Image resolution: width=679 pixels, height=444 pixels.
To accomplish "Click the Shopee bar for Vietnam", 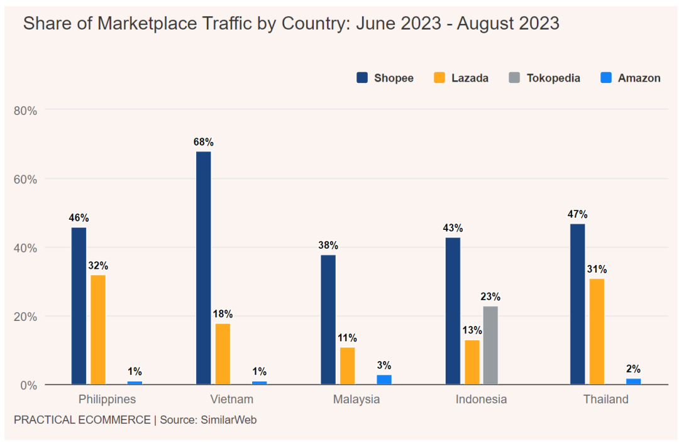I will (x=204, y=268).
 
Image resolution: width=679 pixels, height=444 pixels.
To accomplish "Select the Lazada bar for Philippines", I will (x=98, y=329).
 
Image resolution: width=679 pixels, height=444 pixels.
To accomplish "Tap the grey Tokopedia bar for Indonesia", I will (x=490, y=345).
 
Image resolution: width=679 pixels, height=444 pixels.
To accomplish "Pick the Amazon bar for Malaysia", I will (x=384, y=379).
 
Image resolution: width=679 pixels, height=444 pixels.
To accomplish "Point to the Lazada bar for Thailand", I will (x=597, y=331).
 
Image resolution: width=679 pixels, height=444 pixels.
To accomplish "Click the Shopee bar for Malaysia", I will (x=328, y=319).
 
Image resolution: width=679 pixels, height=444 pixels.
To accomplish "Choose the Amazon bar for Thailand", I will (x=634, y=381).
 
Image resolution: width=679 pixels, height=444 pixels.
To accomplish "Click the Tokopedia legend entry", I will (x=544, y=79).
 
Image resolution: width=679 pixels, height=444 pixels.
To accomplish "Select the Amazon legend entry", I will (x=631, y=79).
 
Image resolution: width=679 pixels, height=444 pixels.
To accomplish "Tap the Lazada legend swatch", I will (x=439, y=78).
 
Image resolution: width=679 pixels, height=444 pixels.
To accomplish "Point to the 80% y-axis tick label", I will (x=25, y=111).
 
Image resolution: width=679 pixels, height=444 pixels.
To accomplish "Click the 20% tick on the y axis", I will (x=25, y=317).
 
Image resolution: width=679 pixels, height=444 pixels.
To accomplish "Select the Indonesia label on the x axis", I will (x=481, y=399).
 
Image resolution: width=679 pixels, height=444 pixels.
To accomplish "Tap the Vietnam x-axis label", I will (x=232, y=399).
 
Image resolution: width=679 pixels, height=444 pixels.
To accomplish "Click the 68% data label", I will (x=204, y=142).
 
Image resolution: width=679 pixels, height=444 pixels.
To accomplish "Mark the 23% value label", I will (x=490, y=296).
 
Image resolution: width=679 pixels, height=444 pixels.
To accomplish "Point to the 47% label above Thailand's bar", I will (x=577, y=214).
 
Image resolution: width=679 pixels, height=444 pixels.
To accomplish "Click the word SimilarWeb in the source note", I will (x=229, y=420).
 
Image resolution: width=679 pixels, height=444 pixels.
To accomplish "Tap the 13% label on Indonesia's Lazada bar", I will (x=472, y=330).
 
